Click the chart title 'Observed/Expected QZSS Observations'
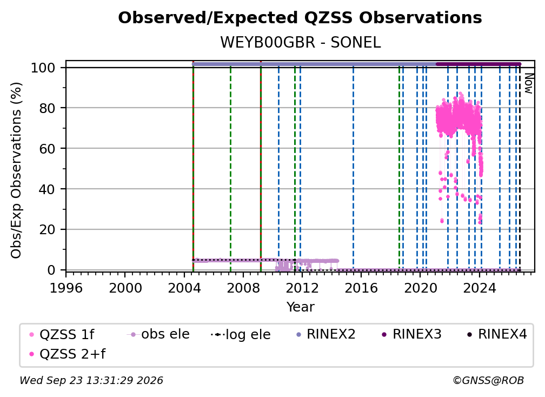click(300, 18)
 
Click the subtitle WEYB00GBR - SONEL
click(300, 42)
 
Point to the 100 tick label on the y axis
click(43, 68)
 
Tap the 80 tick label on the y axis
click(47, 108)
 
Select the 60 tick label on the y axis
click(47, 149)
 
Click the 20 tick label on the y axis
click(47, 229)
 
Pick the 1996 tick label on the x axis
click(66, 288)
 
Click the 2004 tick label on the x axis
click(184, 288)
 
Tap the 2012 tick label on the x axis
click(302, 288)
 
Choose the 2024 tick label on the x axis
click(479, 288)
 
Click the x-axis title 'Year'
click(300, 307)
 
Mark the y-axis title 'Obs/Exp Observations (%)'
click(16, 170)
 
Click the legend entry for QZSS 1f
click(62, 334)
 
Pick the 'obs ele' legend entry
click(158, 334)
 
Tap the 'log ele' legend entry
click(241, 334)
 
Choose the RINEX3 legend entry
click(411, 334)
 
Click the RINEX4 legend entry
click(497, 334)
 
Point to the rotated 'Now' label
click(528, 83)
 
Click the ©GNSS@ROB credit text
click(488, 380)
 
